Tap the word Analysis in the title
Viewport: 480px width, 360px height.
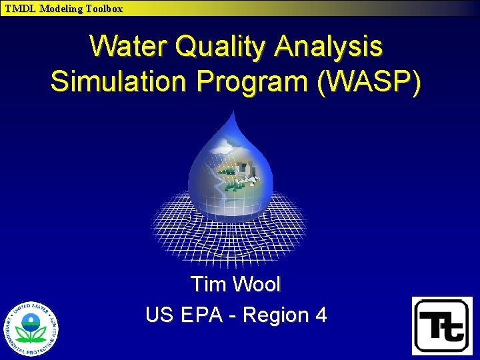click(x=329, y=47)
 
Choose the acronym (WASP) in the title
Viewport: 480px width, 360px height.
click(x=371, y=81)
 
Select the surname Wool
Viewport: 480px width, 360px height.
click(x=257, y=284)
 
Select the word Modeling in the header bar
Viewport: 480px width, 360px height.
click(x=60, y=9)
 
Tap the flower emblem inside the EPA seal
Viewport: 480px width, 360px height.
click(x=31, y=329)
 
